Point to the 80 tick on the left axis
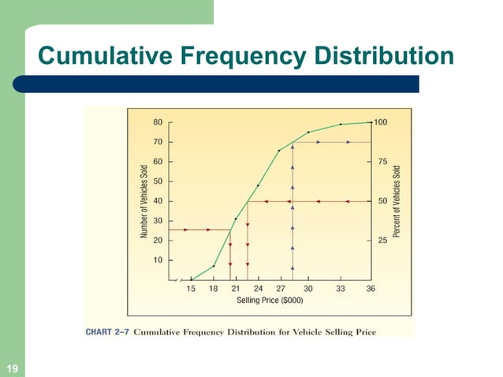point(158,122)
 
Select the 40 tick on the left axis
point(158,201)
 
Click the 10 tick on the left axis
point(158,259)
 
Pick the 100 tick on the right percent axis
point(382,122)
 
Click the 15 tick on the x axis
point(191,289)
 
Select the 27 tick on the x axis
point(281,289)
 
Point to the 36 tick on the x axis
point(371,289)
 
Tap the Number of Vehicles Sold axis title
point(144,201)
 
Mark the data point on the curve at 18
point(213,266)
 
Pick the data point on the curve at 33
point(341,125)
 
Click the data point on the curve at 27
point(279,151)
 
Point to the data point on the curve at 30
point(308,132)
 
